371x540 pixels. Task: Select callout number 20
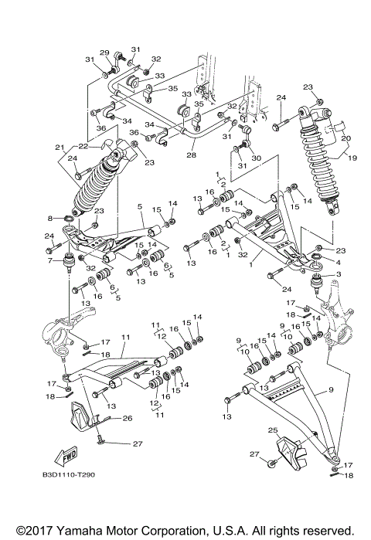point(346,139)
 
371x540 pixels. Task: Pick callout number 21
point(59,147)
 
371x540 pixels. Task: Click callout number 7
point(52,262)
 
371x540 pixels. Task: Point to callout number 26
point(127,418)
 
